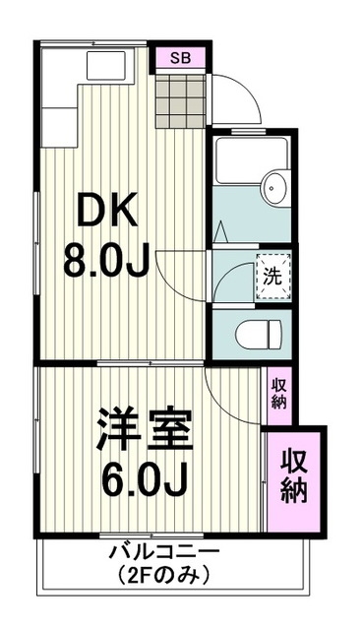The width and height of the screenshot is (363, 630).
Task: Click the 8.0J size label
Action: [106, 260]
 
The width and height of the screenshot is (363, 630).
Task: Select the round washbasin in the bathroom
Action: [273, 186]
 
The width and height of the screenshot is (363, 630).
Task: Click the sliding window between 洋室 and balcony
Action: [148, 536]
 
